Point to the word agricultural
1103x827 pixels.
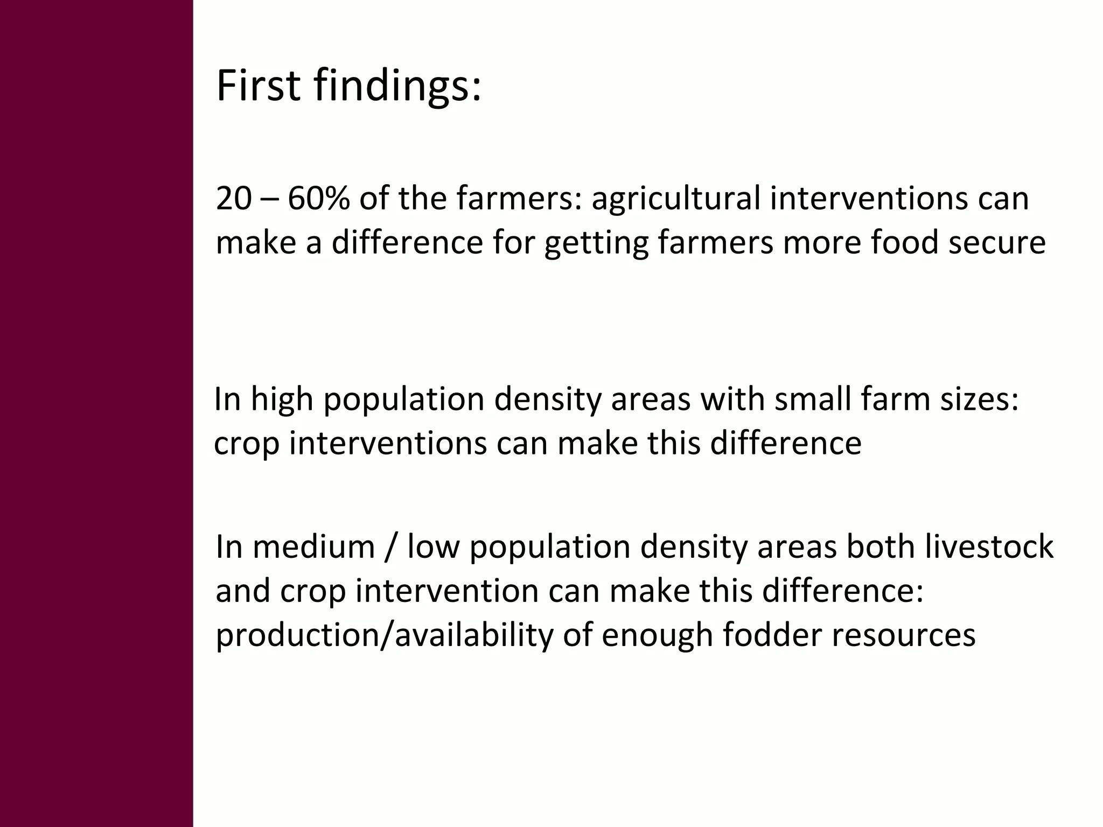tap(675, 199)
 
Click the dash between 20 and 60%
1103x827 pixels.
tap(269, 199)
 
